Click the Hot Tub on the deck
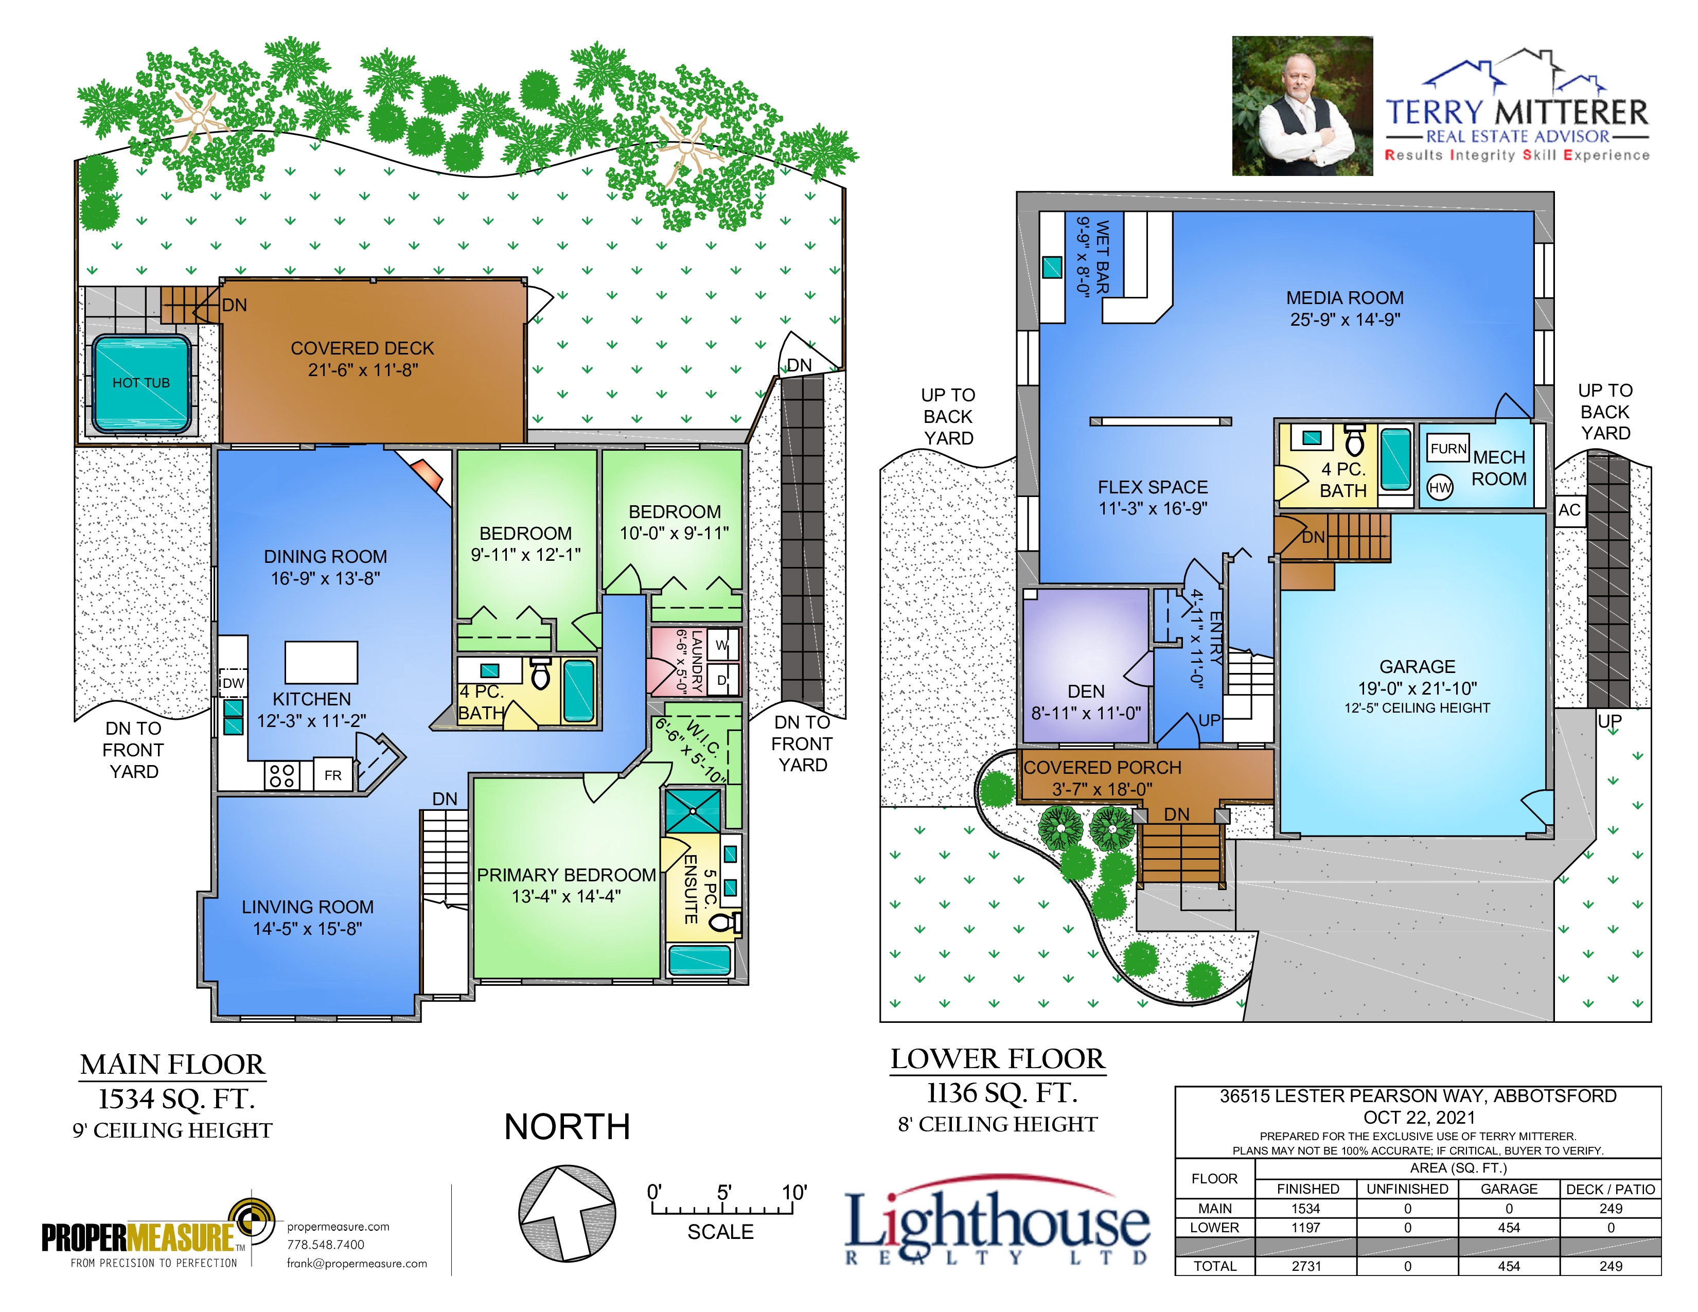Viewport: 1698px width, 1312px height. (141, 384)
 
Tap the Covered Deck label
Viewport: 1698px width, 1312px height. (362, 348)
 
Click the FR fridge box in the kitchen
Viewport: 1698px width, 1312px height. (333, 775)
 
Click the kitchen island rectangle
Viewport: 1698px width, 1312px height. (321, 662)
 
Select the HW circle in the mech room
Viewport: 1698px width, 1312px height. (1440, 487)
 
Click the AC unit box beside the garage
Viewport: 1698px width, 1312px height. (1570, 510)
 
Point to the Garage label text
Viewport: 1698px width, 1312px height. (1418, 667)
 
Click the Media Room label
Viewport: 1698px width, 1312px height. (1345, 298)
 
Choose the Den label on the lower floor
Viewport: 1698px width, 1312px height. (1086, 692)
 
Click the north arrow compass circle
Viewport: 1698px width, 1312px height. (568, 1213)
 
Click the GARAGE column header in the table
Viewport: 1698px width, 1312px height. (1509, 1189)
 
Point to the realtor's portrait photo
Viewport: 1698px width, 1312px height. (1302, 105)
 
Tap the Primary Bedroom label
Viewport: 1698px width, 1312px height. (566, 875)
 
